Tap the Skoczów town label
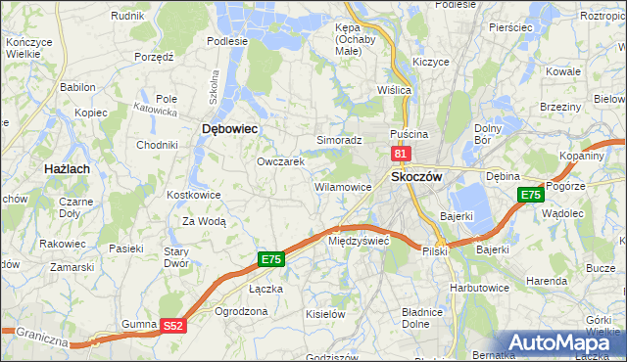pyautogui.click(x=417, y=176)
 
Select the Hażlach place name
pyautogui.click(x=68, y=169)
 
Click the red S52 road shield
pyautogui.click(x=173, y=326)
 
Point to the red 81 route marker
pyautogui.click(x=400, y=154)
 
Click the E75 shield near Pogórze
pyautogui.click(x=530, y=196)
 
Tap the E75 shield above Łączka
pyautogui.click(x=272, y=259)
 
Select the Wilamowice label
pyautogui.click(x=342, y=186)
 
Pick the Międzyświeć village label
pyautogui.click(x=360, y=240)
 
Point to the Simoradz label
pyautogui.click(x=339, y=140)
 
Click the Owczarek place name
pyautogui.click(x=281, y=161)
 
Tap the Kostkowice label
pyautogui.click(x=194, y=195)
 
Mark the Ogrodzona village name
pyautogui.click(x=241, y=311)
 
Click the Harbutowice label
pyautogui.click(x=480, y=288)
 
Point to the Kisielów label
pyautogui.click(x=325, y=314)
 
